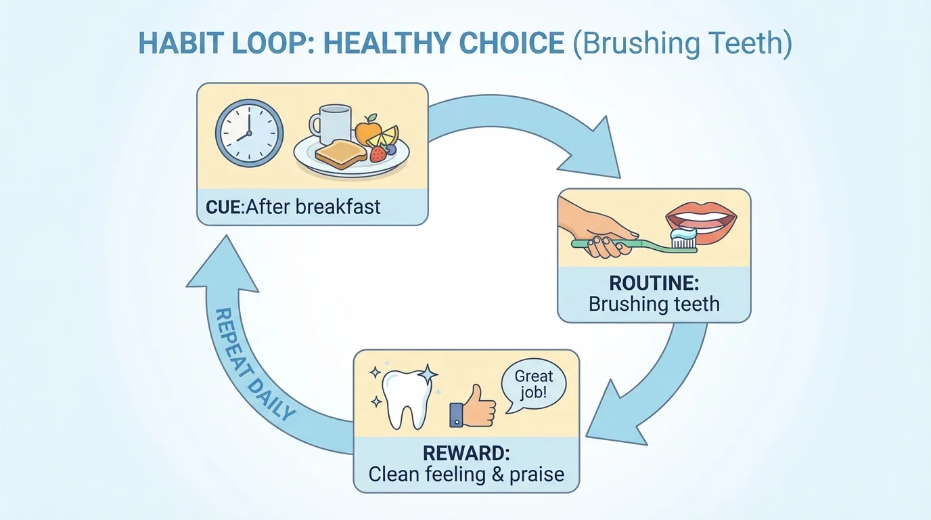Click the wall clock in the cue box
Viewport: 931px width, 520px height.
[x=248, y=133]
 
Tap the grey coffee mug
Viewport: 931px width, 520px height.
[x=332, y=125]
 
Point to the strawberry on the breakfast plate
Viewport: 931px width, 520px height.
[x=378, y=154]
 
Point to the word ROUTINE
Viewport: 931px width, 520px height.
[x=654, y=282]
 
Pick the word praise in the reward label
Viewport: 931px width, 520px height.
[x=537, y=474]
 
